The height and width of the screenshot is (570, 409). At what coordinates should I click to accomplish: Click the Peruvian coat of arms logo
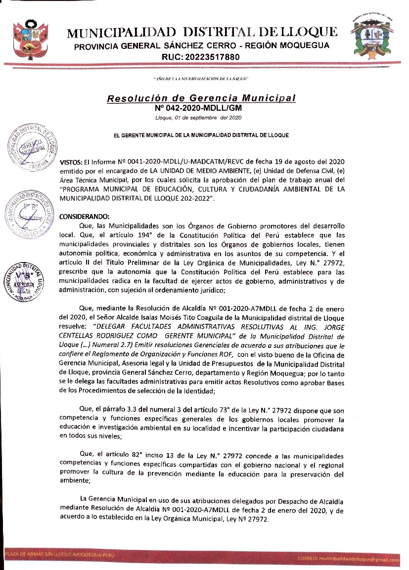28,39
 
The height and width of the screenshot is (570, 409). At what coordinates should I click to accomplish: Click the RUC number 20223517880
200,57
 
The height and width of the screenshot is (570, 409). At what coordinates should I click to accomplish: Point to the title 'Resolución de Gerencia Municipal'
201,98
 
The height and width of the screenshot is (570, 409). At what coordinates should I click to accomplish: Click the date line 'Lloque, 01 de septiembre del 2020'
198,117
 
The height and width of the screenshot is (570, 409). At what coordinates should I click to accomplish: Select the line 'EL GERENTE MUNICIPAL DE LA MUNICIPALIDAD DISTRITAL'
201,135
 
